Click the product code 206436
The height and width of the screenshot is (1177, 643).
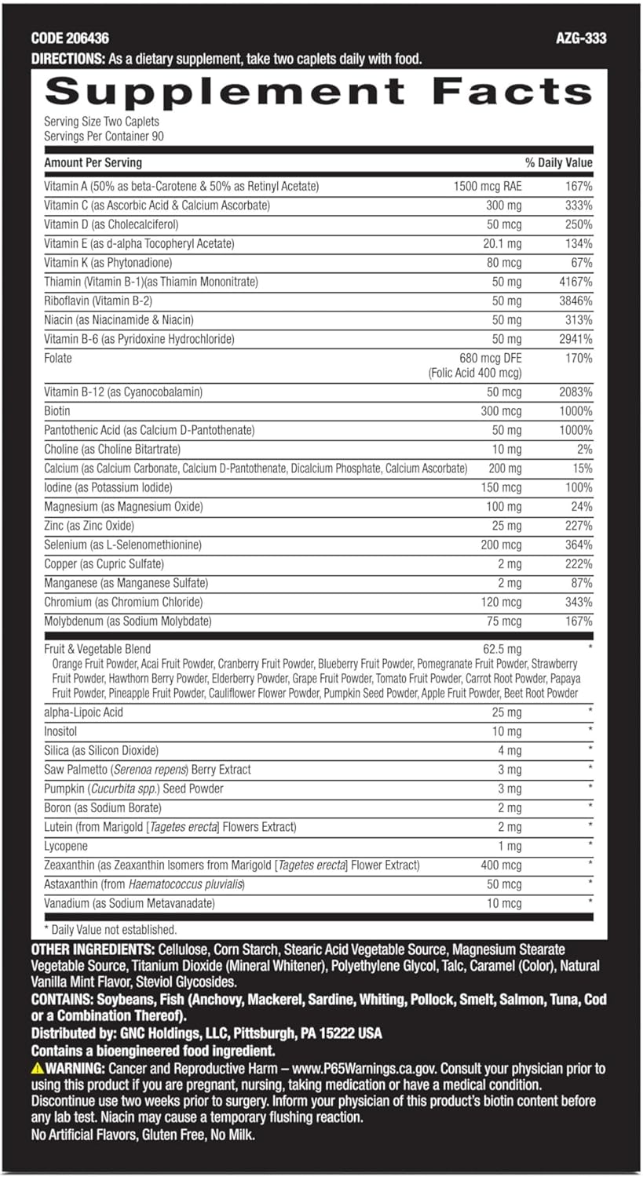tap(86, 38)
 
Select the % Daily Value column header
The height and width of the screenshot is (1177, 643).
tap(558, 163)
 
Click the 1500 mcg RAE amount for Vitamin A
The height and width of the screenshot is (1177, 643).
tap(487, 187)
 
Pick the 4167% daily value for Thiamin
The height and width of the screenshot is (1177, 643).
tap(576, 282)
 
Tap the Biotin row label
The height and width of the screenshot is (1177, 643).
tap(57, 411)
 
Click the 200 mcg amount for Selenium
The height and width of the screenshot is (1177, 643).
tap(501, 545)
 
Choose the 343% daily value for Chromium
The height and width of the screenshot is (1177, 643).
tap(579, 602)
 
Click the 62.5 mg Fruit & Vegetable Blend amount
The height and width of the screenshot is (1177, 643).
tap(502, 649)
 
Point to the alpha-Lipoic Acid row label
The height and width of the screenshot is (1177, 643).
tap(84, 712)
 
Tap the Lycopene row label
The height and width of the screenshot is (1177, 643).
tap(66, 846)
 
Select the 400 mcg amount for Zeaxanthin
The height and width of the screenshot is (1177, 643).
tap(501, 865)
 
